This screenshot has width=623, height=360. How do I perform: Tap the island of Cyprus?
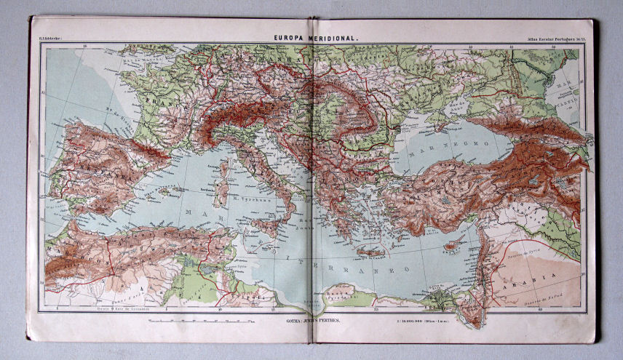pos(453,245)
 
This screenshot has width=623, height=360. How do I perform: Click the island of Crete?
pos(369,252)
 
